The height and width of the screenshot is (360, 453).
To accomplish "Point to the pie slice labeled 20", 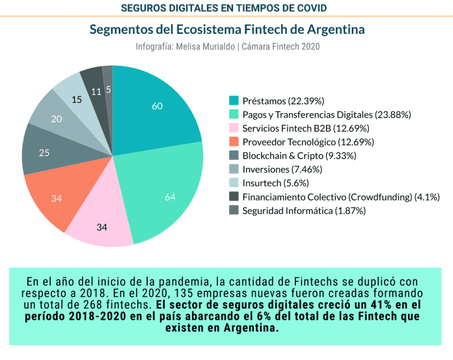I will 57,118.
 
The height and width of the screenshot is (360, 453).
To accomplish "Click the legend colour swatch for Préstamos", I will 234,100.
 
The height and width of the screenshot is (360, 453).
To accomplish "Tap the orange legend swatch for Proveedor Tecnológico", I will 234,141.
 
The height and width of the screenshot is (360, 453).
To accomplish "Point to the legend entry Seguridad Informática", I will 303,210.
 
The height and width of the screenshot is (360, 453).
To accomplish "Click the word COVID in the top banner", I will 309,8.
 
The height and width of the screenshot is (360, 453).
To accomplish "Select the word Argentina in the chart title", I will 331,30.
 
